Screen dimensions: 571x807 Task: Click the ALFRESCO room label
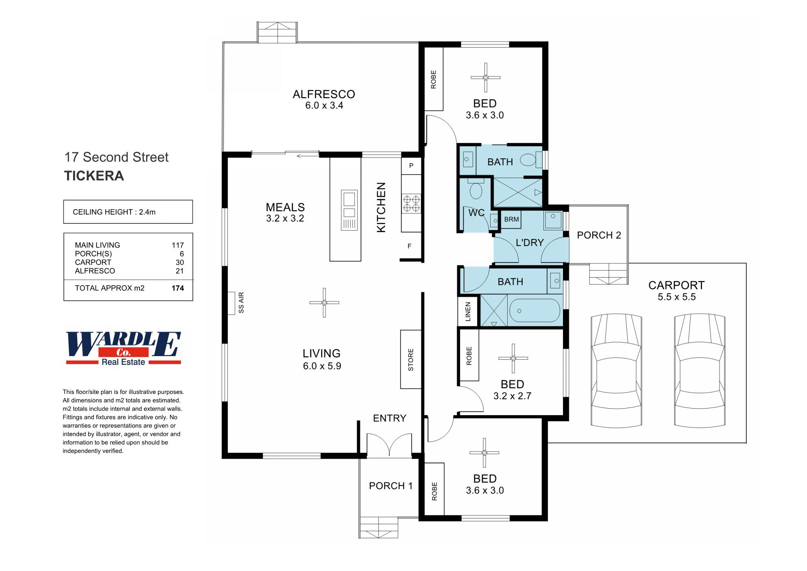(x=324, y=94)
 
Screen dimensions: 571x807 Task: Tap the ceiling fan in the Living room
(x=324, y=302)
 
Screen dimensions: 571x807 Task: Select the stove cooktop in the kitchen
(x=411, y=203)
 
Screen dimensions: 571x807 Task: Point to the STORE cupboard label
(x=411, y=359)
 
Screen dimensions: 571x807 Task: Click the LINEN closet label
(x=468, y=311)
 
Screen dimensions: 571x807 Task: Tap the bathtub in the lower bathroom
(x=534, y=311)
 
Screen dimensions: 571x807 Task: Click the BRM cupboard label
(x=511, y=219)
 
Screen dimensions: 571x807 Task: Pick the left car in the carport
(x=616, y=370)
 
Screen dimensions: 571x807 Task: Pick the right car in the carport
(x=700, y=370)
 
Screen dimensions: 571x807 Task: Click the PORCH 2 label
(x=599, y=235)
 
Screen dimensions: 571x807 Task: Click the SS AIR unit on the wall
(x=231, y=303)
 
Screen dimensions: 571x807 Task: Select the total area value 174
(x=178, y=288)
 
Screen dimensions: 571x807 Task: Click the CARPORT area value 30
(x=179, y=263)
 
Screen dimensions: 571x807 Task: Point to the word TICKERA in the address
(x=94, y=176)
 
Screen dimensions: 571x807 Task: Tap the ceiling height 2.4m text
(x=114, y=212)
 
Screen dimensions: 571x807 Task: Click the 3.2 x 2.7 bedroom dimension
(x=512, y=396)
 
